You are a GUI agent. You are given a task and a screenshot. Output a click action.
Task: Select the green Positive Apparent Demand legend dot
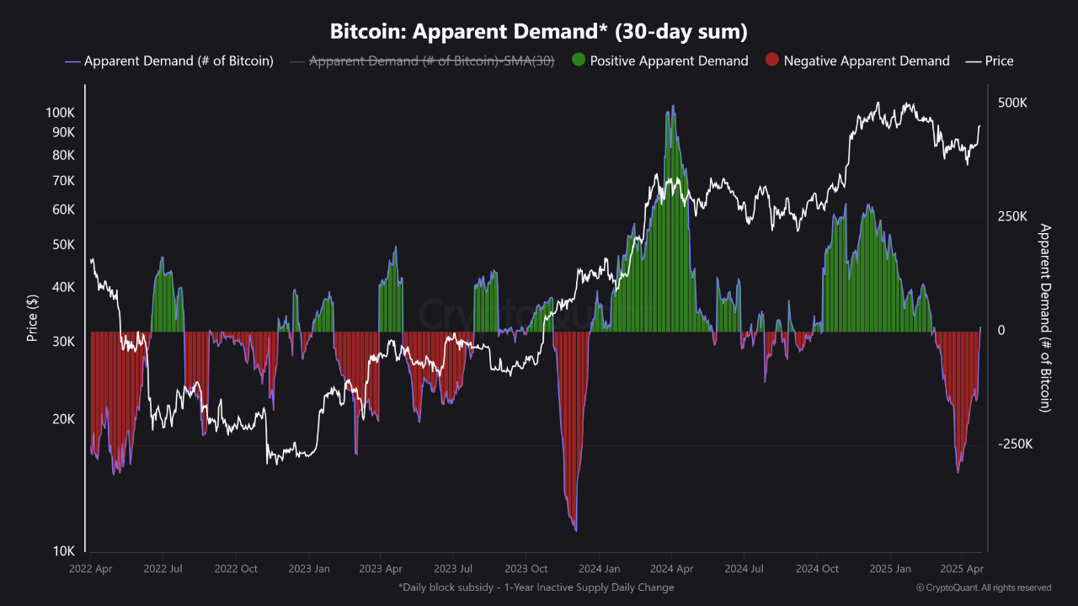tap(578, 61)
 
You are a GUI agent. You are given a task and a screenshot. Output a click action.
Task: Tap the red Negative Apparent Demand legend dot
tap(771, 61)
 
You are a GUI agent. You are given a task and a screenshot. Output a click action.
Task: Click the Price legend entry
tap(990, 61)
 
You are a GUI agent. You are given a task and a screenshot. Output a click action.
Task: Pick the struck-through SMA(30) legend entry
tap(421, 61)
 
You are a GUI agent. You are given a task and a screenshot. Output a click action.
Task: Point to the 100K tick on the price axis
tap(60, 113)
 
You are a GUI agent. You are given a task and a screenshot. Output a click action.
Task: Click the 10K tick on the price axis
tap(64, 551)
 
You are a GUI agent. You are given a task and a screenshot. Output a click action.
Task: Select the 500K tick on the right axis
tap(1011, 103)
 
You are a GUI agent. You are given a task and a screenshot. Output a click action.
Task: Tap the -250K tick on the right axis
tap(1014, 444)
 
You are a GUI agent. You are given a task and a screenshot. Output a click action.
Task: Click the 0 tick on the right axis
tap(1001, 331)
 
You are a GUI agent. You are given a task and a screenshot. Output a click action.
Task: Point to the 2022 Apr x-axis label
tap(91, 569)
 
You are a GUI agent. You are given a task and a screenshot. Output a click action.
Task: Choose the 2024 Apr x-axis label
tap(672, 569)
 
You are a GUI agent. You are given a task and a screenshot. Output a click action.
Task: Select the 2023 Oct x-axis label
tap(526, 569)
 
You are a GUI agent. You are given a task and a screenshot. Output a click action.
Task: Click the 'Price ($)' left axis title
tap(32, 318)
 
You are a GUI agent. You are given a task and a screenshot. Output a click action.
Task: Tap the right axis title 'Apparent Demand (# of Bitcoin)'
tap(1045, 318)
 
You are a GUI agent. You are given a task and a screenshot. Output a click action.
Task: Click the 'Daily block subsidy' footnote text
tap(536, 587)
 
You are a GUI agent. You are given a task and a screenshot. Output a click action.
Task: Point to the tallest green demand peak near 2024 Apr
tap(672, 107)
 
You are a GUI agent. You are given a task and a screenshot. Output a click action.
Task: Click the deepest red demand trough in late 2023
tap(575, 529)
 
